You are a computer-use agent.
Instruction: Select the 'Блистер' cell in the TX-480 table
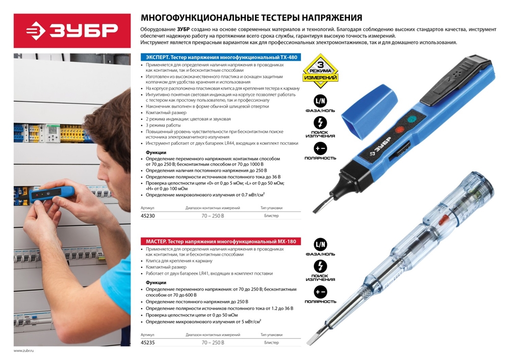[x=271, y=215]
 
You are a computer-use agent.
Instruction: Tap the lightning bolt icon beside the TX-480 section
[x=320, y=123]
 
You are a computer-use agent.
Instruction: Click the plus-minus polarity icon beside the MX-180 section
[x=320, y=292]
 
